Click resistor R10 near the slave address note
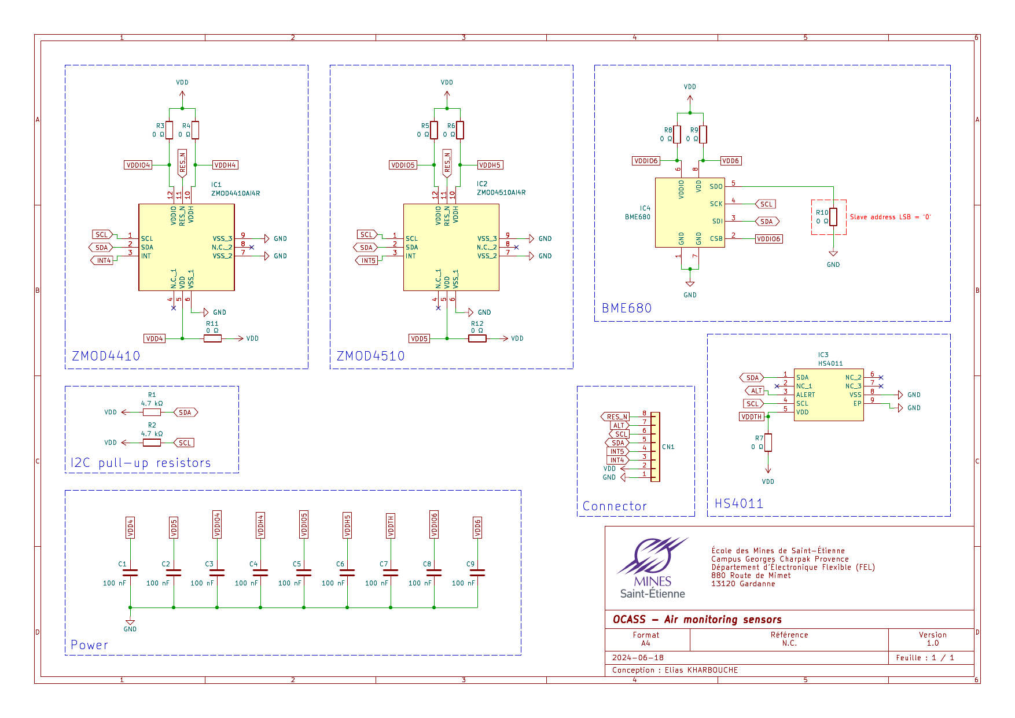(x=833, y=217)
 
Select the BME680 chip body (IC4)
(x=690, y=212)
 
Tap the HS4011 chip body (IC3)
(x=829, y=395)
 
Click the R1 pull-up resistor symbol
(x=152, y=413)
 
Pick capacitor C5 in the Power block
(x=304, y=573)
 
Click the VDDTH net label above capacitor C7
(x=391, y=526)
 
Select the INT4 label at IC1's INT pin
(x=102, y=260)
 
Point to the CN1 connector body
(x=655, y=447)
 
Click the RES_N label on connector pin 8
(x=615, y=417)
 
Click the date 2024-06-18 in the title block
(x=638, y=658)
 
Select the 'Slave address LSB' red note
(x=890, y=217)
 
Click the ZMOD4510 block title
(x=370, y=356)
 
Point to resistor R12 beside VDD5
(x=477, y=338)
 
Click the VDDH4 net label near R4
(x=226, y=165)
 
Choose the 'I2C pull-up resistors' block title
(x=141, y=463)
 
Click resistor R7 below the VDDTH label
(x=768, y=443)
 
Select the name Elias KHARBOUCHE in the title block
(x=701, y=670)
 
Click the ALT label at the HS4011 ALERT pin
(x=756, y=391)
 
